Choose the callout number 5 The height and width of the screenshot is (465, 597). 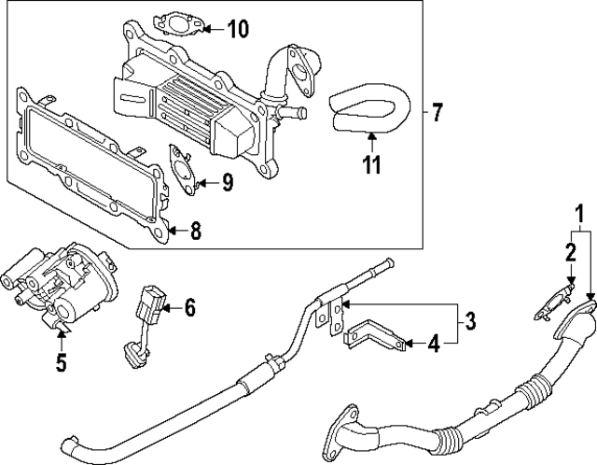tap(61, 361)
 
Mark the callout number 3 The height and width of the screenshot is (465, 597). tap(470, 323)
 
